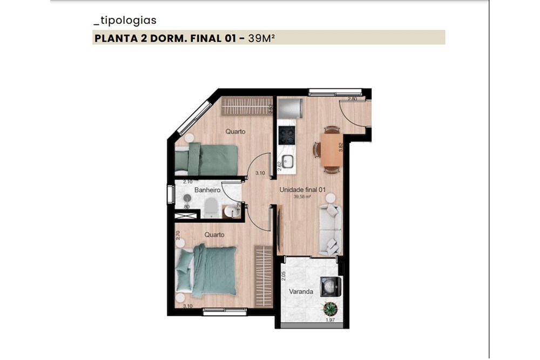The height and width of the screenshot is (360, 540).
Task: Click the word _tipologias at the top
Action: coord(125,21)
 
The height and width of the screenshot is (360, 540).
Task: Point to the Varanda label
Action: coord(301,291)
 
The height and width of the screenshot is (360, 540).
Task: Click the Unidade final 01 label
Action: coord(301,190)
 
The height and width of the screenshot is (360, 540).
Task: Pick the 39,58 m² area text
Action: coord(301,197)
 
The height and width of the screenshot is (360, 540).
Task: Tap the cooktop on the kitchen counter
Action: coord(287,135)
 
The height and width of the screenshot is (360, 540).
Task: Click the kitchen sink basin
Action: coord(288,160)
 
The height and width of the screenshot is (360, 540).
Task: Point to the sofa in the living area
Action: coord(330,229)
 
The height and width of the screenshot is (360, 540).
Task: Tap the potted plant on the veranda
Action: coord(329,309)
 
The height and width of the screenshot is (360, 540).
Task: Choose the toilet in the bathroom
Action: coord(211,208)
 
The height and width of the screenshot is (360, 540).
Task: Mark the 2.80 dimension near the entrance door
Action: coord(353,99)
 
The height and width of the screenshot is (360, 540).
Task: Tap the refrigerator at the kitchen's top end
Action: coord(289,110)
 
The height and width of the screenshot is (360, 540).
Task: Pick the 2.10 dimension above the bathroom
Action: coord(188,182)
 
